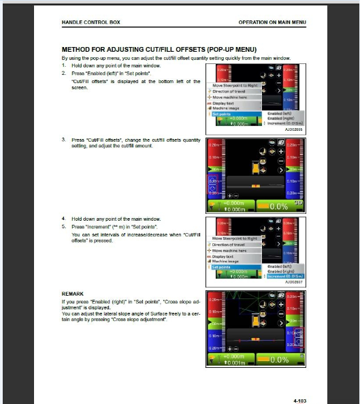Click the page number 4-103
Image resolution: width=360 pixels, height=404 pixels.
tap(298, 382)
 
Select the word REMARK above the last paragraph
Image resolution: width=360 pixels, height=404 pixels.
tap(72, 294)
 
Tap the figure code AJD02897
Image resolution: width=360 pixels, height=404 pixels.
tap(293, 281)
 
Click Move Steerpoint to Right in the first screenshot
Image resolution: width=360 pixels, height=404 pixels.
tap(235, 86)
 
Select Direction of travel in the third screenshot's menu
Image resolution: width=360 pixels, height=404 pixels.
tap(232, 245)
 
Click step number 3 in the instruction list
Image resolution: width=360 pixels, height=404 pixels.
tap(63, 140)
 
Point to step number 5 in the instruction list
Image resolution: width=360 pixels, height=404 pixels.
tap(63, 226)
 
